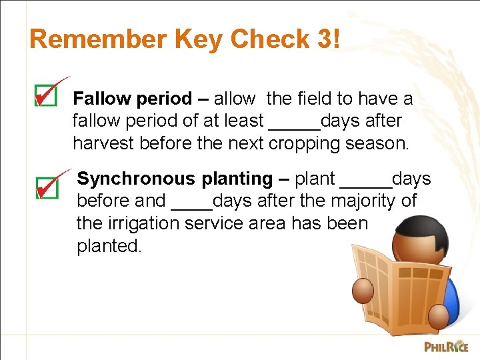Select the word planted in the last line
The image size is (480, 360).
[109, 246]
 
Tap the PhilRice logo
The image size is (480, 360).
[446, 346]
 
